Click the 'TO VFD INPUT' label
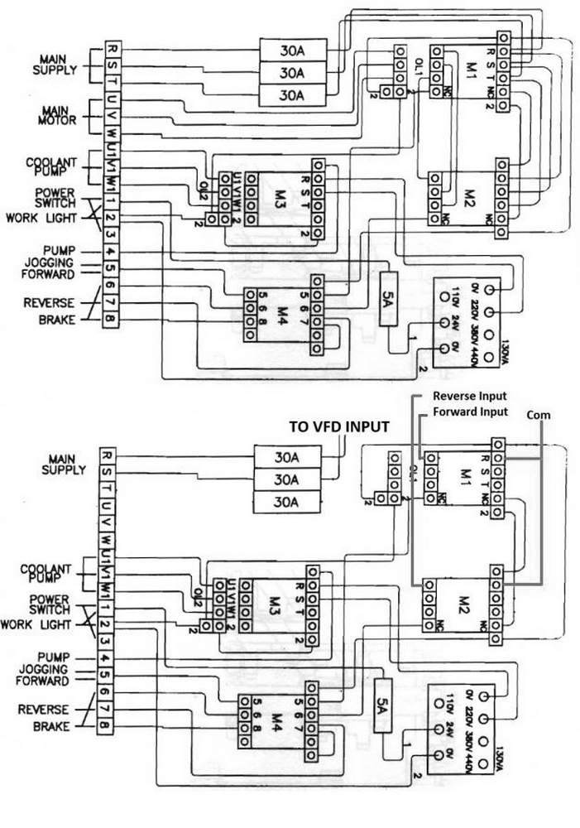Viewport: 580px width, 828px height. tap(339, 426)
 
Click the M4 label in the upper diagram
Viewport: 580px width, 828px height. tap(281, 314)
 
